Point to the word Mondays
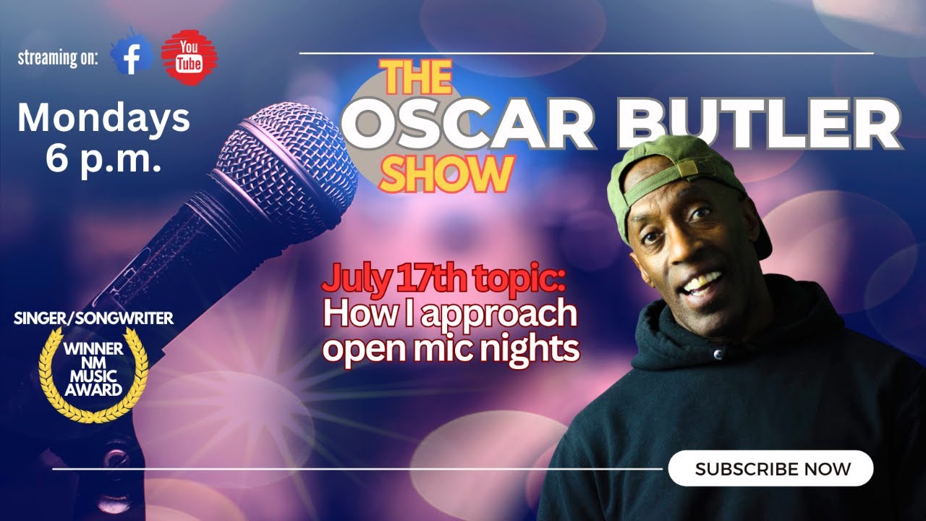coord(103,118)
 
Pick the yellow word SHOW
coord(446,174)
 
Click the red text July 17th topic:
coord(442,278)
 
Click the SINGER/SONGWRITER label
coord(93,318)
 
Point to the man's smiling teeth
coord(702,281)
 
